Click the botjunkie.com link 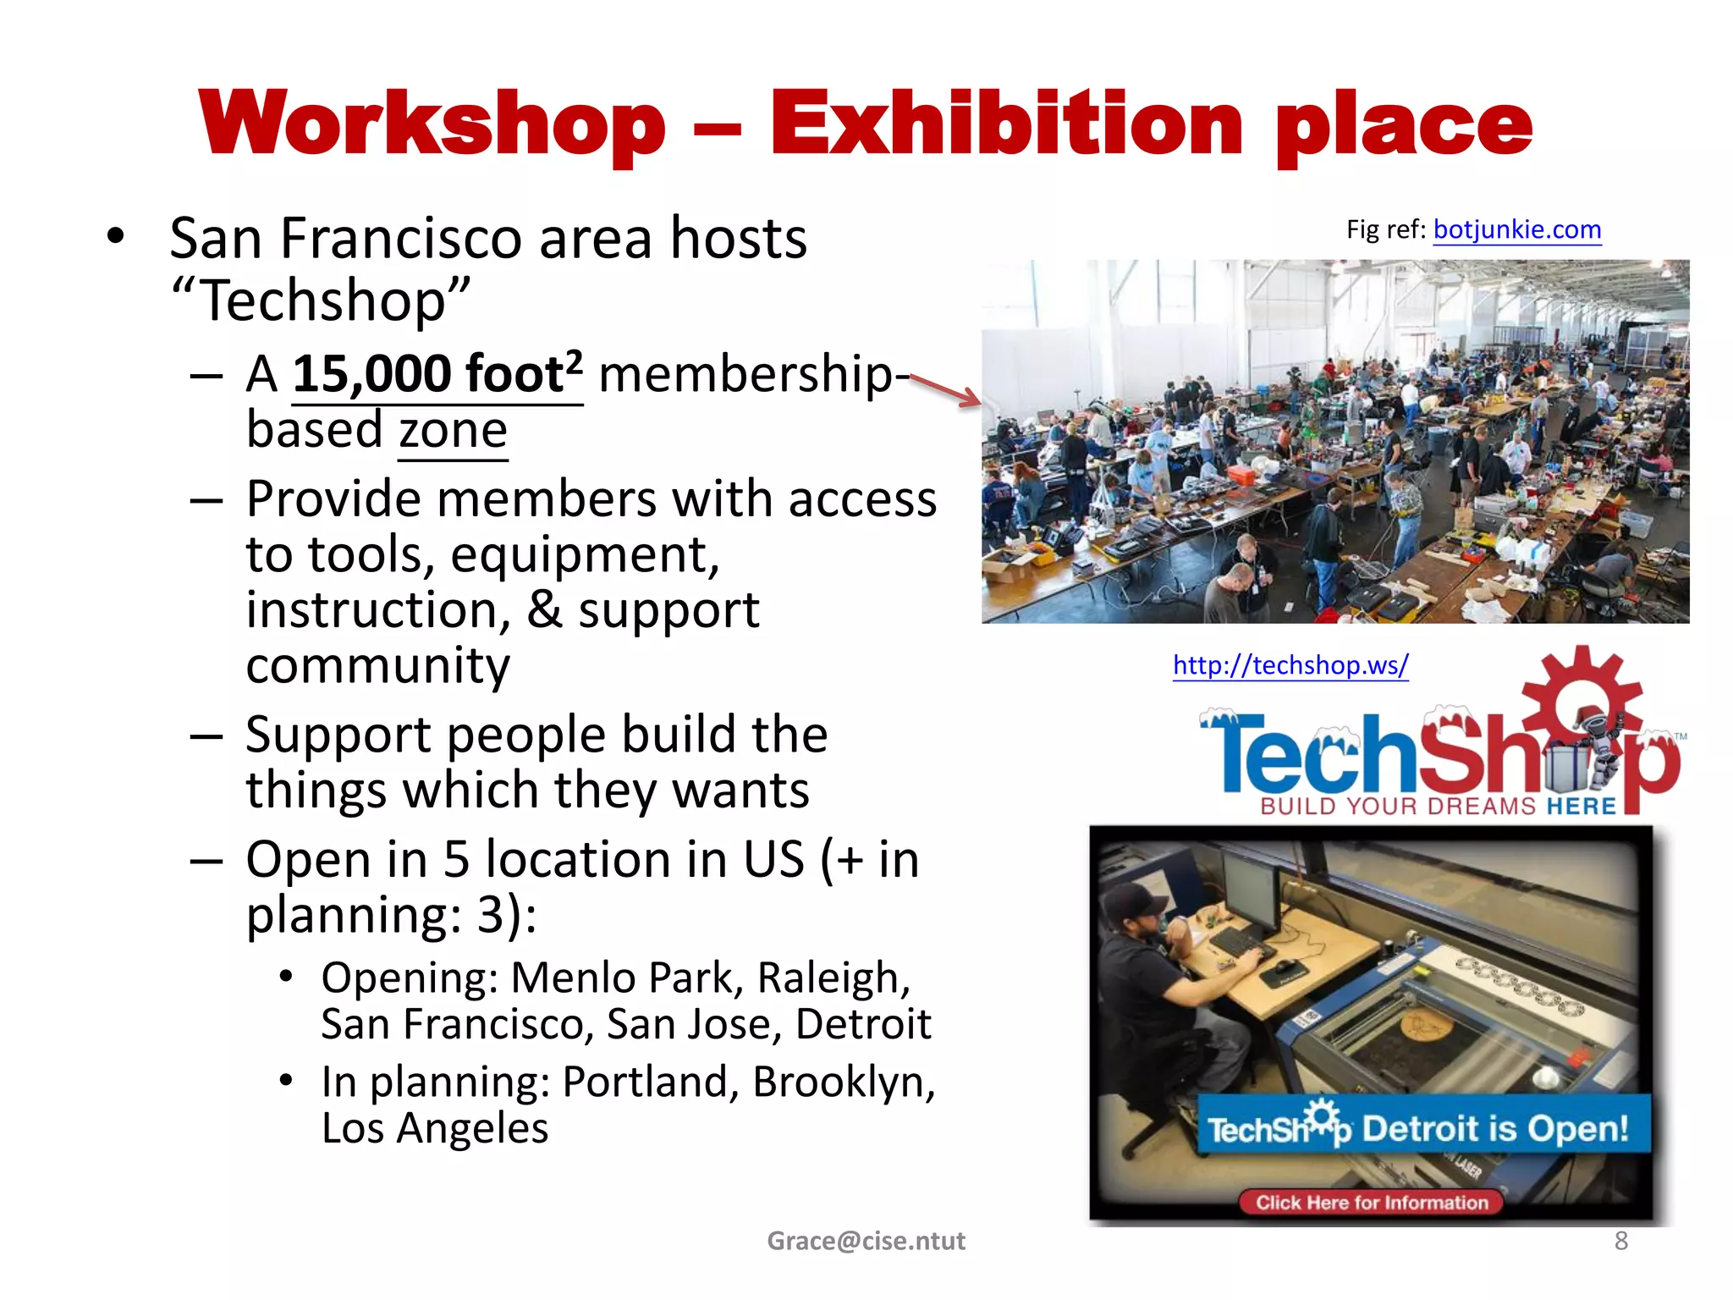click(x=1516, y=229)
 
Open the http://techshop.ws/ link click(x=1290, y=665)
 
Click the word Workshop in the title click(x=432, y=124)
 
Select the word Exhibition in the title click(x=1006, y=124)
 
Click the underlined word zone click(x=453, y=431)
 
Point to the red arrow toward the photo click(x=945, y=391)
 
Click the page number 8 click(x=1620, y=1241)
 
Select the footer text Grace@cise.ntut click(x=866, y=1241)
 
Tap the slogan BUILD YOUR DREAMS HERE click(x=1438, y=806)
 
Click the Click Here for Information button click(x=1371, y=1202)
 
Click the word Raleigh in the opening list click(x=833, y=978)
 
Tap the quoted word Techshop click(x=321, y=300)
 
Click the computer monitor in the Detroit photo click(x=1250, y=893)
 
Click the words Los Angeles click(x=435, y=1128)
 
